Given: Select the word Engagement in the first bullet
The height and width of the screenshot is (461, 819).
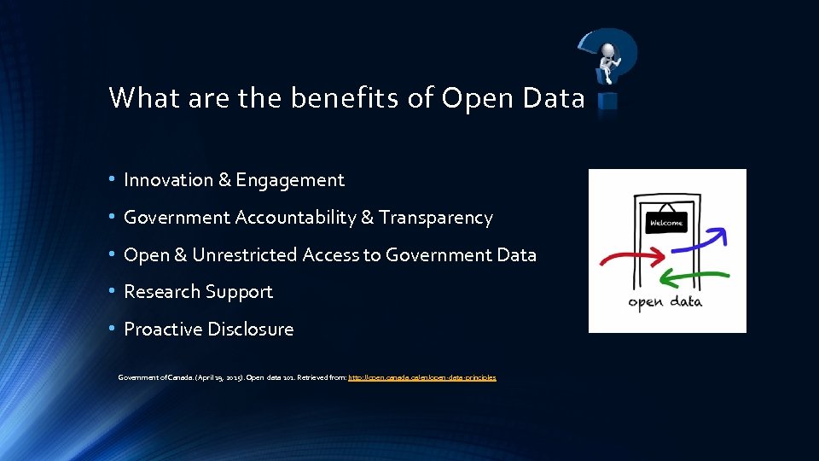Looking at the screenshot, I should pos(290,181).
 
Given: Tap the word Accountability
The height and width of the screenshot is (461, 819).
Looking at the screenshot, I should pos(295,218).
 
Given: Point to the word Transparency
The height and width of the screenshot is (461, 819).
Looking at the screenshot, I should pos(436,218).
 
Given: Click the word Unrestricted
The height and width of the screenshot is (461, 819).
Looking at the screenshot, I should pos(243,255).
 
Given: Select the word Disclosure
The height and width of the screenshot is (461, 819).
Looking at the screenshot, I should pos(253,330).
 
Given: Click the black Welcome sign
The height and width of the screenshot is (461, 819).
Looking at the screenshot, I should pos(666,223).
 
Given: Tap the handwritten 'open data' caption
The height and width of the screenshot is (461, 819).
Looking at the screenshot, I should pos(665,302).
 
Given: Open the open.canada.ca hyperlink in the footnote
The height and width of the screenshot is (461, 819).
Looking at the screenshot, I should pos(421,376).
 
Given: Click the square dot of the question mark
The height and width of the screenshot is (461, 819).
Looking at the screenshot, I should pos(607,102).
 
